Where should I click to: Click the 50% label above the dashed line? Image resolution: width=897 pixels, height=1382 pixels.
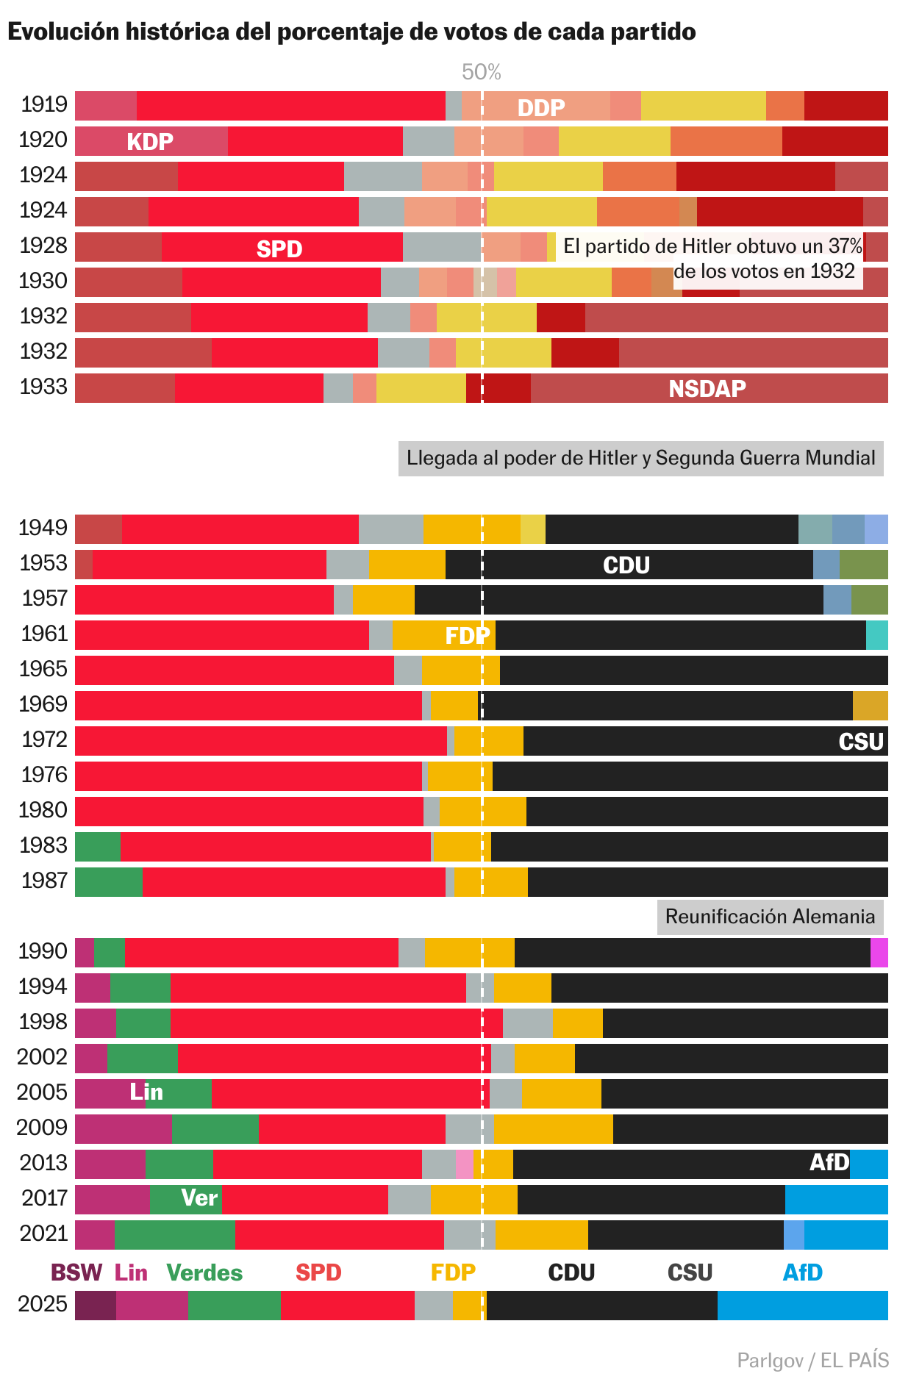click(482, 72)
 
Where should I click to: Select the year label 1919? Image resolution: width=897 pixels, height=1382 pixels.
click(44, 105)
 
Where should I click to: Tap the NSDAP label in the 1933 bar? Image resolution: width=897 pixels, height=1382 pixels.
click(707, 388)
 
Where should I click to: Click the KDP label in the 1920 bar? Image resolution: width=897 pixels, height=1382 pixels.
click(150, 141)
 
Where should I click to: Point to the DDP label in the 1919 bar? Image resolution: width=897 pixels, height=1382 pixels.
click(541, 107)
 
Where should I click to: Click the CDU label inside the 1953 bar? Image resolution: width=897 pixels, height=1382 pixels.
click(626, 565)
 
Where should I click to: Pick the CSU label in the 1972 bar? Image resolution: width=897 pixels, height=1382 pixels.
click(861, 741)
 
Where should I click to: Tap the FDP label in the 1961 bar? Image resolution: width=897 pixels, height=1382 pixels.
click(468, 635)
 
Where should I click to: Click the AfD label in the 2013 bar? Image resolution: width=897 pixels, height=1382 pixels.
click(829, 1162)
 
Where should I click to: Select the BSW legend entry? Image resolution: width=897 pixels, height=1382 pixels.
click(76, 1272)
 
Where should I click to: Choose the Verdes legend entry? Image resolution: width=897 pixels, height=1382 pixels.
click(204, 1272)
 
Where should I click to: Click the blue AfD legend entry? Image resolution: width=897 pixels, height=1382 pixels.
click(802, 1272)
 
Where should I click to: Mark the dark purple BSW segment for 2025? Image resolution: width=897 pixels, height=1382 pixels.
click(96, 1306)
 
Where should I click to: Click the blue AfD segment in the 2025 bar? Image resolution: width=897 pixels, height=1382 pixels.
click(802, 1306)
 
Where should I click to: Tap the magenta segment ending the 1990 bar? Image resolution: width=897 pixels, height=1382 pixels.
click(879, 953)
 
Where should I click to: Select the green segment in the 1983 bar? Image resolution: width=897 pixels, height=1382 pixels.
click(98, 847)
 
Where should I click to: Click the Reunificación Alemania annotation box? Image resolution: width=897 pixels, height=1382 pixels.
click(770, 917)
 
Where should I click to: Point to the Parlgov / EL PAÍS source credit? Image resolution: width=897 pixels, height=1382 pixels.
click(812, 1360)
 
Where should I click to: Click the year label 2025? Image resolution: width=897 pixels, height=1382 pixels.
click(43, 1304)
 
